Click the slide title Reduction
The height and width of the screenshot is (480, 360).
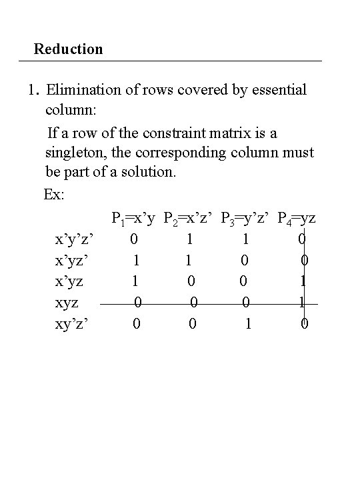pos(69,49)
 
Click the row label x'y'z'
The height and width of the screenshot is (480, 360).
pos(77,239)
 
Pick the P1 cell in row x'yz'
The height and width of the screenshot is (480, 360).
pos(136,260)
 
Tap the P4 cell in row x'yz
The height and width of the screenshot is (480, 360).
pos(303,281)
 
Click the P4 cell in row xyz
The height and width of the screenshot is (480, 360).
pos(302,303)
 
